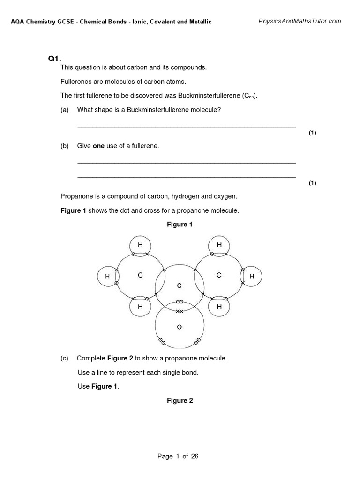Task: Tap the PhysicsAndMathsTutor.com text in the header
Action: point(300,21)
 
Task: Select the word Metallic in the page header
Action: point(199,22)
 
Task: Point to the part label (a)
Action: point(65,110)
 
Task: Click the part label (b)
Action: point(65,146)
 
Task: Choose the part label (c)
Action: point(65,358)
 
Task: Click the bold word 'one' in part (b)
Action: point(98,146)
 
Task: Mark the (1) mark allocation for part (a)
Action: point(312,133)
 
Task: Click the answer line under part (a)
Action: point(186,127)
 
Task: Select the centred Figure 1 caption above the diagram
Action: point(180,225)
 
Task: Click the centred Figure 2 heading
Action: point(180,401)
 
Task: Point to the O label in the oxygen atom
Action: point(179,328)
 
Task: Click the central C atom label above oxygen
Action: point(179,285)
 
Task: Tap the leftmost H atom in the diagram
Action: point(107,277)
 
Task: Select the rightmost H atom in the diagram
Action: point(252,277)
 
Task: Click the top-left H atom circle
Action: point(140,245)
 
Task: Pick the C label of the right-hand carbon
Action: point(219,276)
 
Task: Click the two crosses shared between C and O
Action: point(179,311)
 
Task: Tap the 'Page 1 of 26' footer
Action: point(178,457)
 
